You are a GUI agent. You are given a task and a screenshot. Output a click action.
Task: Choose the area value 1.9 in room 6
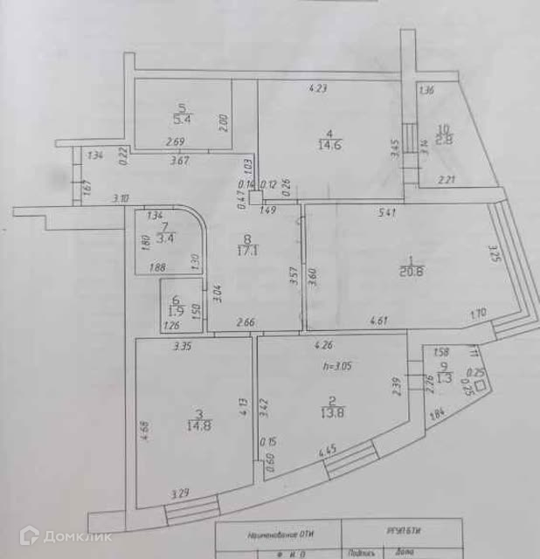point(176,311)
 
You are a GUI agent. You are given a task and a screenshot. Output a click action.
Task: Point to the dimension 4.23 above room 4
point(320,87)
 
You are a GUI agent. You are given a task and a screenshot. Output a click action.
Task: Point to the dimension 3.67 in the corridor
point(180,160)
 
